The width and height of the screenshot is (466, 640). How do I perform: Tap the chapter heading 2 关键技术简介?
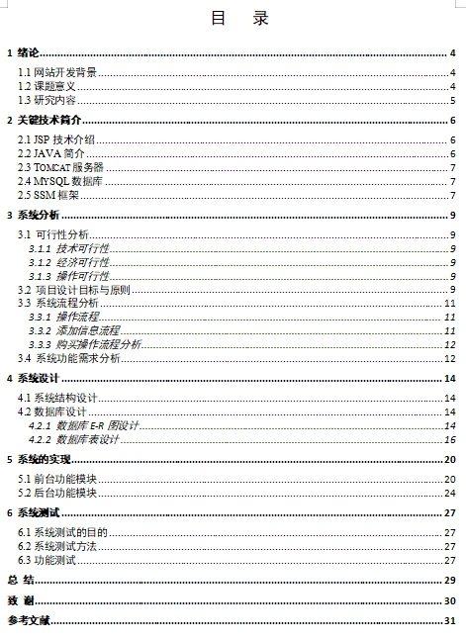click(x=44, y=121)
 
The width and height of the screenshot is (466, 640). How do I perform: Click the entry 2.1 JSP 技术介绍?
click(x=57, y=140)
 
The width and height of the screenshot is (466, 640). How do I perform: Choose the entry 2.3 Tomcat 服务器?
click(x=60, y=168)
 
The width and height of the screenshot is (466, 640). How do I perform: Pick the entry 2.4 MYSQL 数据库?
click(x=60, y=182)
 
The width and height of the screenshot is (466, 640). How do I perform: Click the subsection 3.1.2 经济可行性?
click(x=69, y=262)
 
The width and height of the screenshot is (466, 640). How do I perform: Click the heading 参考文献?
click(x=29, y=621)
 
